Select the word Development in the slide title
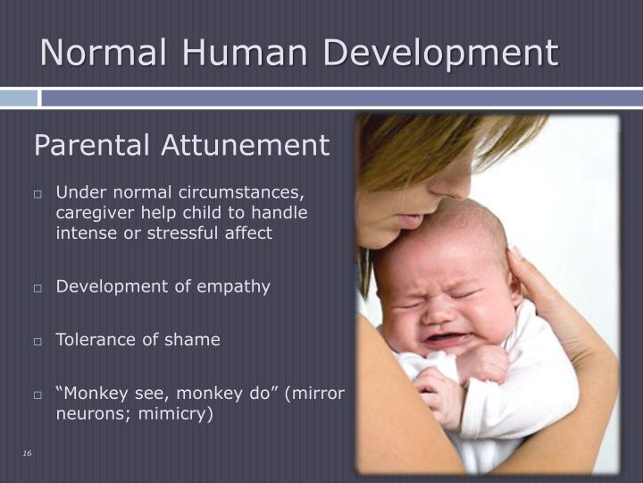point(440,55)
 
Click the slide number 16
point(27,454)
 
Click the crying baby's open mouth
point(446,338)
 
